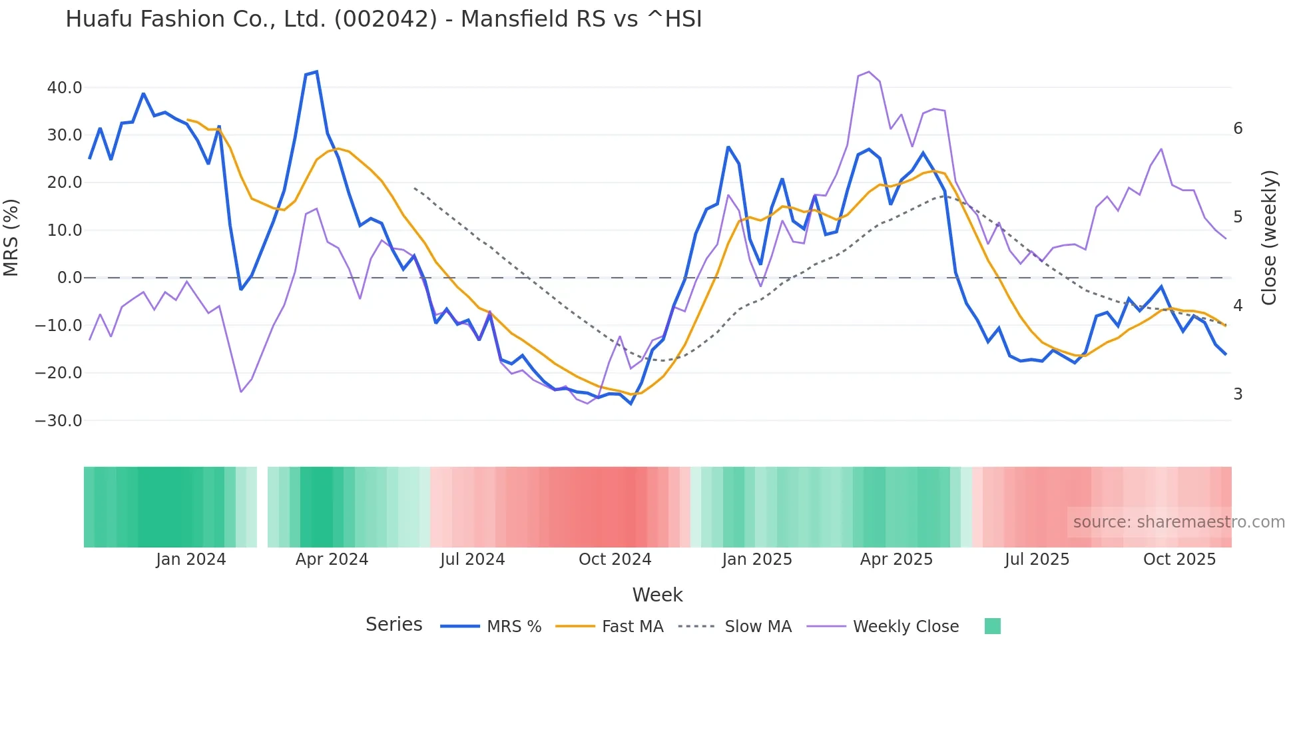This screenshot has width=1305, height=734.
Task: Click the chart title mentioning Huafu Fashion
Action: click(384, 19)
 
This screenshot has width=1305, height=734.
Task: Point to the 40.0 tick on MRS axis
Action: click(65, 88)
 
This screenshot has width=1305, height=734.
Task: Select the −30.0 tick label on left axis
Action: click(59, 421)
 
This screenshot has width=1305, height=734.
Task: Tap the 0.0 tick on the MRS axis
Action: click(69, 278)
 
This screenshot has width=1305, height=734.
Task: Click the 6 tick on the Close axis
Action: click(1238, 129)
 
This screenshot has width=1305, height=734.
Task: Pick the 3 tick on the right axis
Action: click(1238, 394)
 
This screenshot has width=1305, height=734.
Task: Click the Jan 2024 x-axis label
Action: click(191, 559)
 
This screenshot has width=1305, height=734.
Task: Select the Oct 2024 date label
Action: click(615, 559)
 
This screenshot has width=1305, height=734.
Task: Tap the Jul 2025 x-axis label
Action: click(1037, 559)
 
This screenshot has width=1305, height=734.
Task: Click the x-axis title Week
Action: click(657, 595)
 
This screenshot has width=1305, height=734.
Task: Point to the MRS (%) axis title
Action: click(11, 237)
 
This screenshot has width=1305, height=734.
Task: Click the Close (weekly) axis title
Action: click(1270, 237)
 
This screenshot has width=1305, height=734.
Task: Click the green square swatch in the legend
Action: click(992, 626)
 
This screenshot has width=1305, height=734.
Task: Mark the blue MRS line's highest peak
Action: click(316, 71)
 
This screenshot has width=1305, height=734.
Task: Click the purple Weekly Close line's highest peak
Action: click(869, 72)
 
